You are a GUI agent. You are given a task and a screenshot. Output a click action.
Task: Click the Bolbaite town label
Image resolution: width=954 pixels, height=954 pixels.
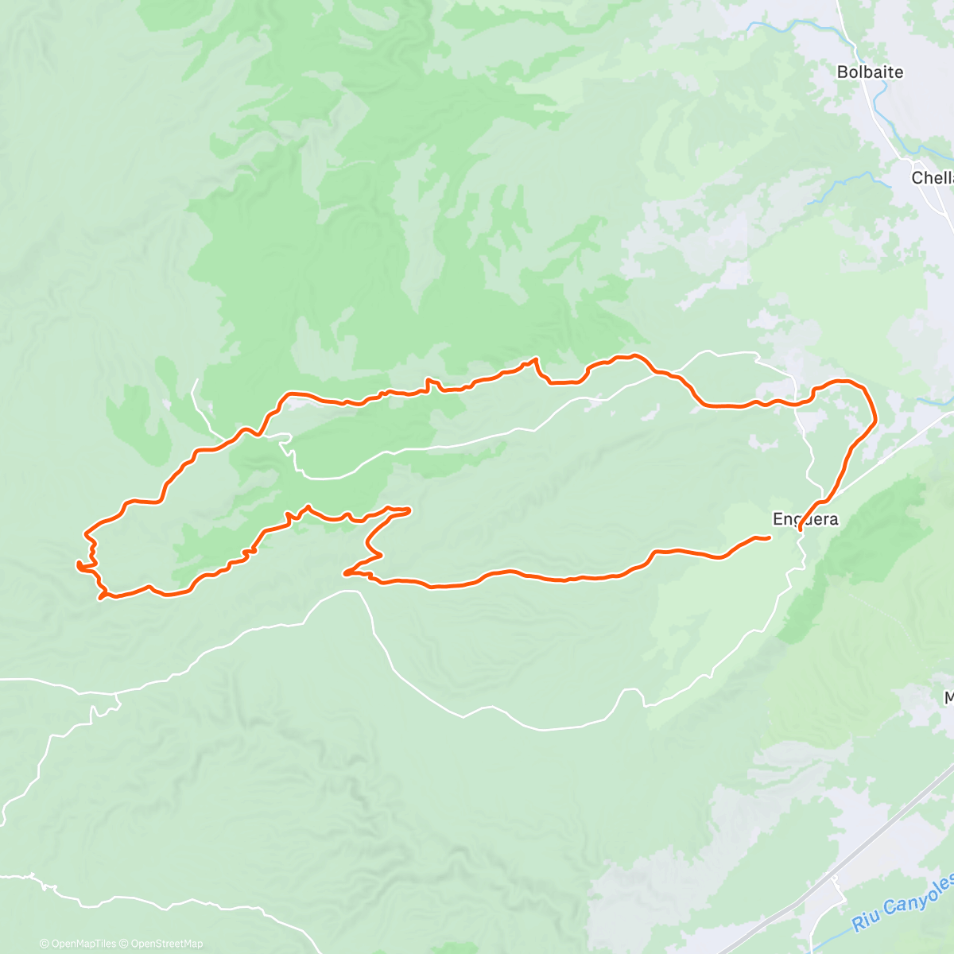pyautogui.click(x=870, y=72)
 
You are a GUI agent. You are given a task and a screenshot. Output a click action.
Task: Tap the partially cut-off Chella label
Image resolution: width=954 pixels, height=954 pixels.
pyautogui.click(x=932, y=178)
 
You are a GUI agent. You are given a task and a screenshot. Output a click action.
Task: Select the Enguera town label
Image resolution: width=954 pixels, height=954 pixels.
pyautogui.click(x=805, y=519)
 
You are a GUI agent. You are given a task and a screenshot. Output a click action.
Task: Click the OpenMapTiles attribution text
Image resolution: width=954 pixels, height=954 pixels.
pyautogui.click(x=83, y=944)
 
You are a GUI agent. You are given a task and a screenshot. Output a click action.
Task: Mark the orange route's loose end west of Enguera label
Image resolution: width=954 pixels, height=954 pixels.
pyautogui.click(x=769, y=538)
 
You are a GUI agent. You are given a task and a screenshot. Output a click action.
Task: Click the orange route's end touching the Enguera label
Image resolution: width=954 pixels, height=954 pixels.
pyautogui.click(x=799, y=529)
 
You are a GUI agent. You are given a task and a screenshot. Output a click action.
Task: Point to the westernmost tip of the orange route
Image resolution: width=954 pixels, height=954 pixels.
pyautogui.click(x=77, y=564)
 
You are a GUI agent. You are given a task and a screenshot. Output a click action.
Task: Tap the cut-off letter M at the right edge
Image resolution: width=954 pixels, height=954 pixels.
pyautogui.click(x=948, y=698)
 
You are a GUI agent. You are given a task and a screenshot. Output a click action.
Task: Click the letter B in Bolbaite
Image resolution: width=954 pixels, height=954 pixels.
pyautogui.click(x=842, y=72)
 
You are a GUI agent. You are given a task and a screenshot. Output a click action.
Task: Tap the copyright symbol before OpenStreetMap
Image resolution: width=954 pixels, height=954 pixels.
pyautogui.click(x=124, y=944)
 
